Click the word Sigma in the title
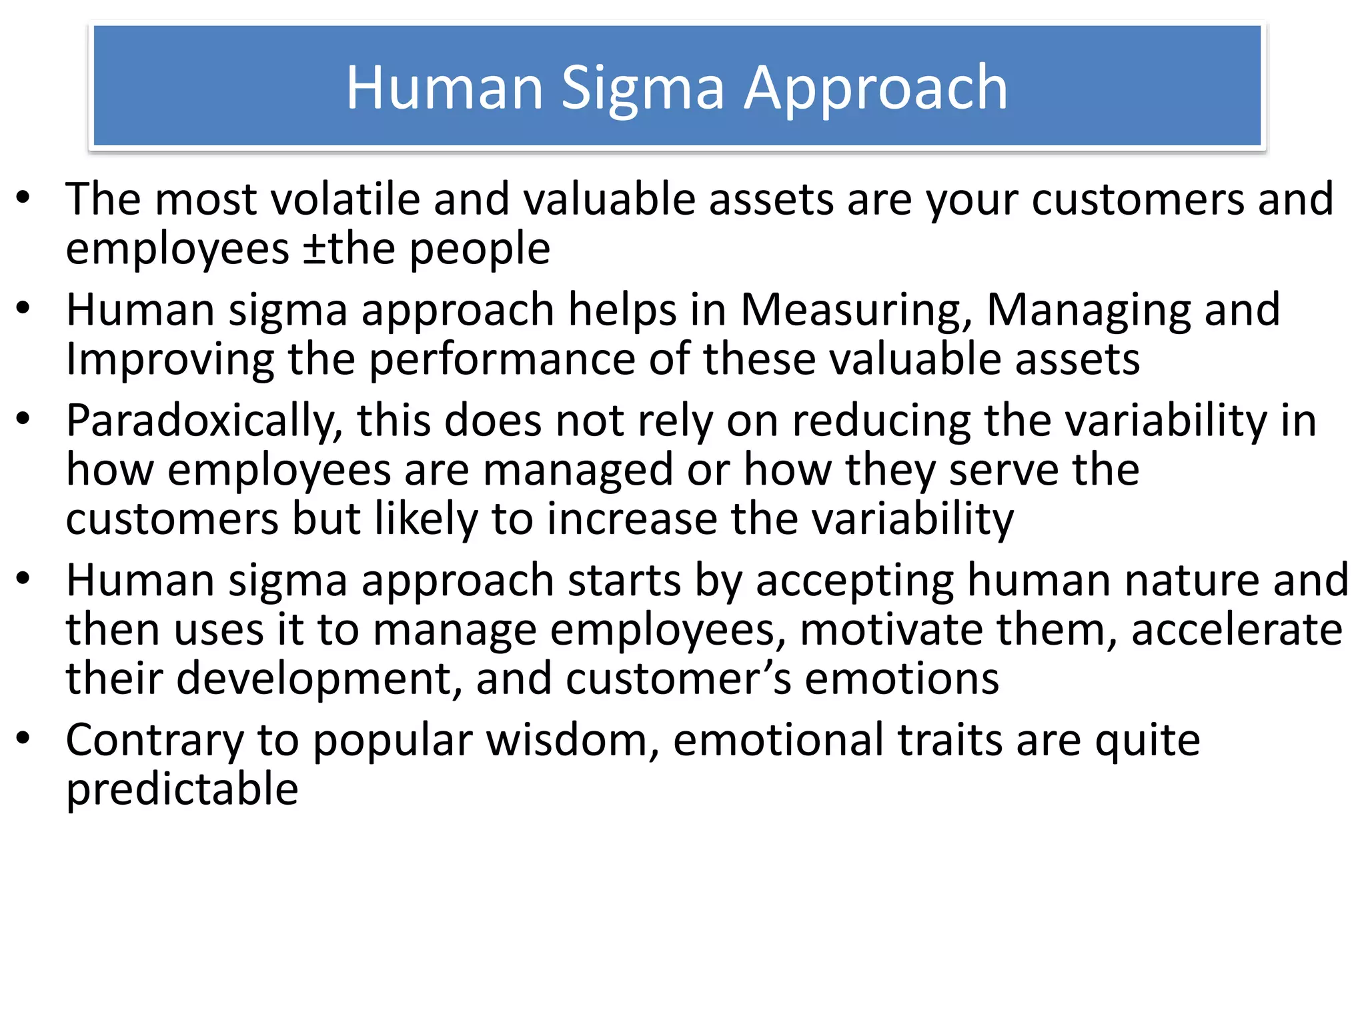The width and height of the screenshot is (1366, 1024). click(x=642, y=89)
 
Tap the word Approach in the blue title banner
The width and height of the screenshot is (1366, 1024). click(x=875, y=89)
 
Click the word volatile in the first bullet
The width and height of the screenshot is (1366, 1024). click(x=344, y=199)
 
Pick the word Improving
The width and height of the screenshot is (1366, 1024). click(x=169, y=360)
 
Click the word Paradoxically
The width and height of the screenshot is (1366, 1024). click(x=204, y=421)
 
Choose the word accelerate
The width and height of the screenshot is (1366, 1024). click(x=1237, y=630)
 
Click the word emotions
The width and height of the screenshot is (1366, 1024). click(x=902, y=679)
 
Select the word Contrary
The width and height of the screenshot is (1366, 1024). click(x=155, y=741)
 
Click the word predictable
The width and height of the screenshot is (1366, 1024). click(x=182, y=791)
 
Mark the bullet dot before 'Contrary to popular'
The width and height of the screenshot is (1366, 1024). click(x=24, y=737)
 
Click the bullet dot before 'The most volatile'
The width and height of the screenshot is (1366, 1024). click(x=24, y=197)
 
